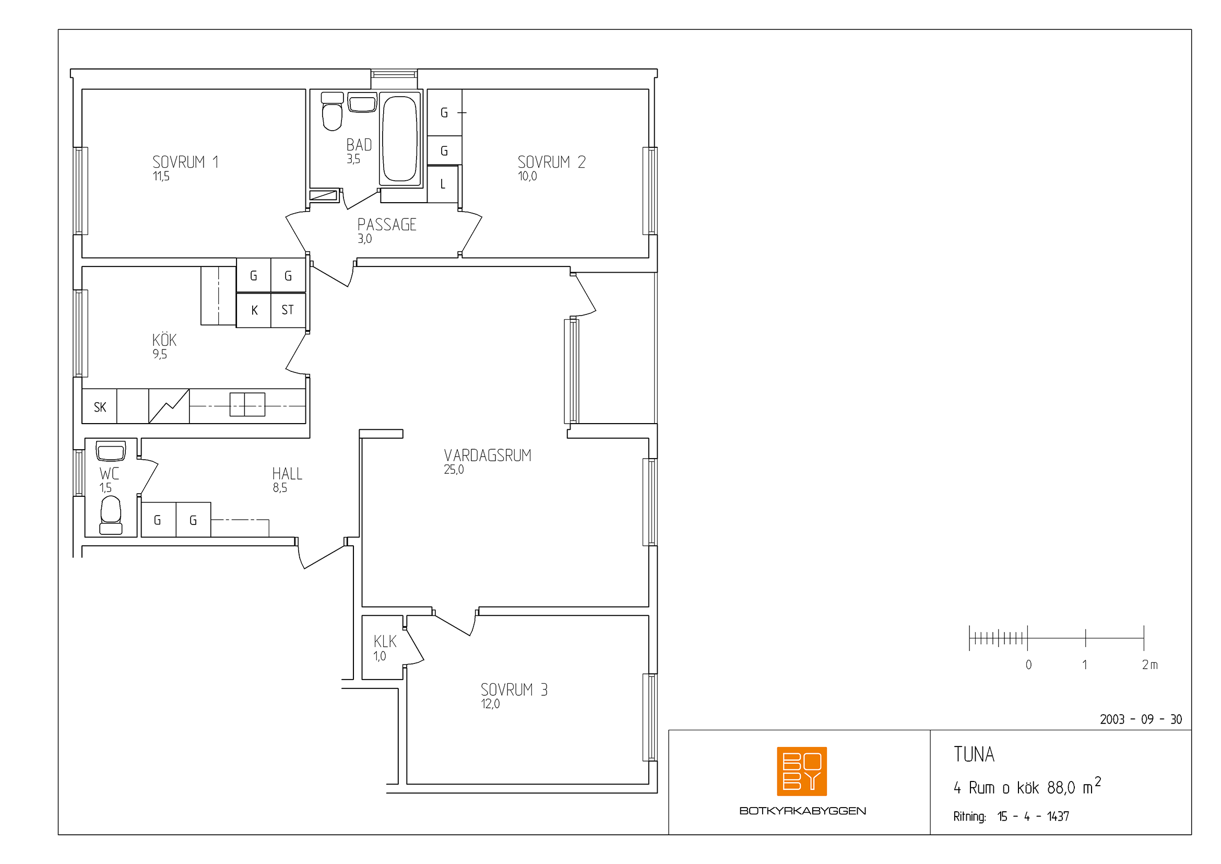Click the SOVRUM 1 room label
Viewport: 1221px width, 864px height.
coord(185,162)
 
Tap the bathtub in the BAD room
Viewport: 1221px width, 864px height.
coord(400,138)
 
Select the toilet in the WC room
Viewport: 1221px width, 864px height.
coord(111,515)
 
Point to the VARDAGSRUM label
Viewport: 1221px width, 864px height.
coord(487,456)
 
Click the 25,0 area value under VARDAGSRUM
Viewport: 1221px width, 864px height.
coord(454,470)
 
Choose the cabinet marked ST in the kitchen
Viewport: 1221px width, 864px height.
coord(288,310)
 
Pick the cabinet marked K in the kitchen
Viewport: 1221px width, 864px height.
coord(254,310)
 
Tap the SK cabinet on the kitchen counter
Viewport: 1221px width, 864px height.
coord(100,407)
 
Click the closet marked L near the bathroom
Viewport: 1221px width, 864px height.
coord(443,184)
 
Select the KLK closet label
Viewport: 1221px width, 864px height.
coord(385,641)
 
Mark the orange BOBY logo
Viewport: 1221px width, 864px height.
coord(801,772)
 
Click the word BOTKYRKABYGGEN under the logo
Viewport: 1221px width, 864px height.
coord(802,811)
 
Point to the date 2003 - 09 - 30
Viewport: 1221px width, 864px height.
coord(1141,719)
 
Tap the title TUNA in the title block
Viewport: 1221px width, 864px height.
coord(974,754)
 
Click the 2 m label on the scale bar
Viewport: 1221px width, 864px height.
coord(1149,664)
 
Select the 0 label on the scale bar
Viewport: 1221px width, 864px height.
coord(1028,664)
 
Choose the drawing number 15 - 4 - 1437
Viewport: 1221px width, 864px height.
coord(1033,816)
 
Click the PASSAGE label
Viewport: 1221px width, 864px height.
coord(387,225)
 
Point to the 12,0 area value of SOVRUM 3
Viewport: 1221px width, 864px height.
coord(490,704)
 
